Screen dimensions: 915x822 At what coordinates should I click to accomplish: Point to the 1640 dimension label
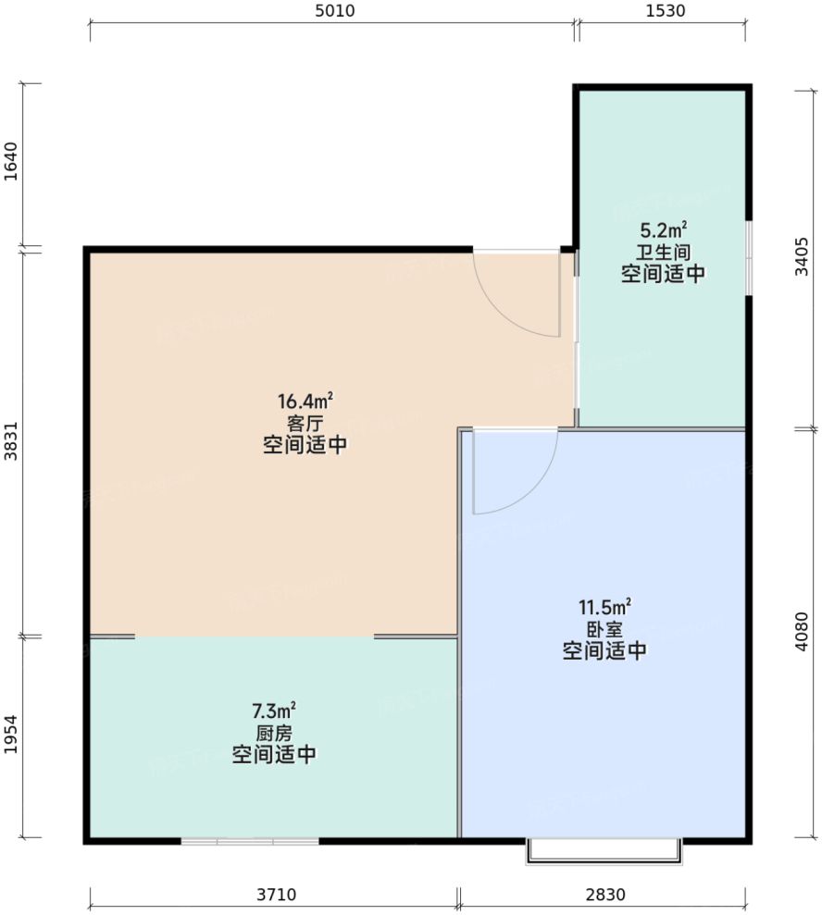tap(10, 167)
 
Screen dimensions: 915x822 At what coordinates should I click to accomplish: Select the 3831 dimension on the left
tap(10, 442)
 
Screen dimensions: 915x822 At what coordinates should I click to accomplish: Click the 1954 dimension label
tap(10, 736)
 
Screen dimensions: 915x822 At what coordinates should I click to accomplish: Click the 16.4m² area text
tap(305, 402)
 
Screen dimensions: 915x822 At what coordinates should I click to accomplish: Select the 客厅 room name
tap(305, 424)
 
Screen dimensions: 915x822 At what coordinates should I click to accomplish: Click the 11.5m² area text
tap(604, 607)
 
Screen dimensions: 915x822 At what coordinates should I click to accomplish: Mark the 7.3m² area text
tap(274, 711)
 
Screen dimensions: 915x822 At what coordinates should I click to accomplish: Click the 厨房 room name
tap(274, 733)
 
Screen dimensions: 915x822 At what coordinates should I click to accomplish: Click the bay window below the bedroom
tap(604, 851)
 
